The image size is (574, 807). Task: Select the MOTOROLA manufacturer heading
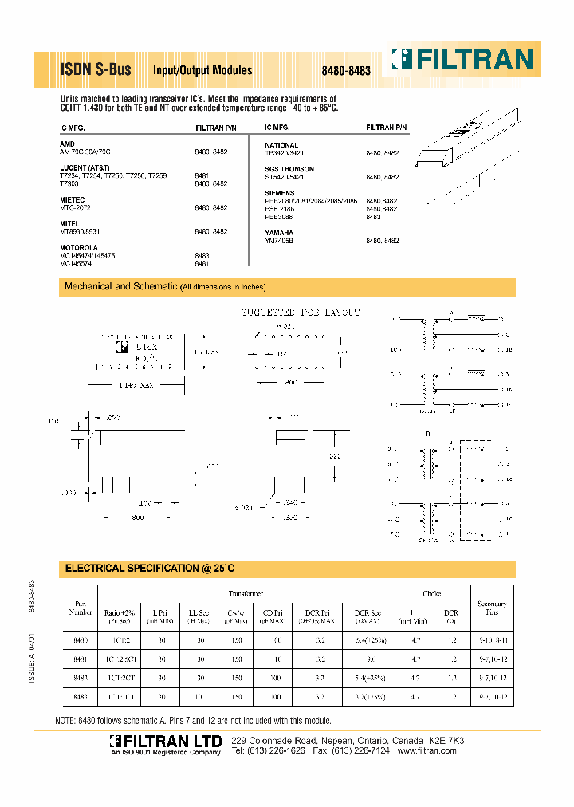pyautogui.click(x=79, y=248)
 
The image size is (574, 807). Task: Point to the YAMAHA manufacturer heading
pyautogui.click(x=279, y=233)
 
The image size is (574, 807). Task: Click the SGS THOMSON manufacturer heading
pyautogui.click(x=289, y=169)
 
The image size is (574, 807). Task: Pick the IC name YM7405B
pyautogui.click(x=280, y=240)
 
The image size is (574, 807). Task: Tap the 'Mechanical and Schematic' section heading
pyautogui.click(x=120, y=286)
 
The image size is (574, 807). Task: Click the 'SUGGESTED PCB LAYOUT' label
pyautogui.click(x=301, y=313)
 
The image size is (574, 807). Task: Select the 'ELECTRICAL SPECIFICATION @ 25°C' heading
pyautogui.click(x=150, y=569)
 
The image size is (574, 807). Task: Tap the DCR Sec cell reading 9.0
pyautogui.click(x=371, y=659)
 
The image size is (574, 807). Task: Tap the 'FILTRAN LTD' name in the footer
pyautogui.click(x=165, y=742)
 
